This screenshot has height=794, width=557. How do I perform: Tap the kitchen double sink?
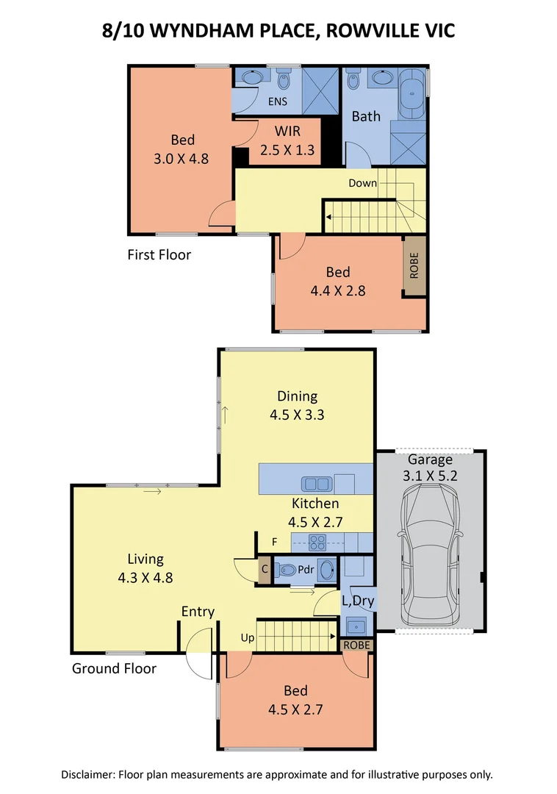pyautogui.click(x=317, y=484)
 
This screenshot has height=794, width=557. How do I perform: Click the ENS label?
pyautogui.click(x=277, y=101)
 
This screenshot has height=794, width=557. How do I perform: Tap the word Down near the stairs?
pyautogui.click(x=362, y=183)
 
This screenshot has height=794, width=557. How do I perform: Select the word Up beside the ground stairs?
pyautogui.click(x=248, y=637)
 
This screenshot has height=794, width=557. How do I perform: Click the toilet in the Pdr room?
pyautogui.click(x=287, y=570)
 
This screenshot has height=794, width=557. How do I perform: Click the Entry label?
pyautogui.click(x=198, y=612)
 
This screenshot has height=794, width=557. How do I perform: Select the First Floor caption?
pyautogui.click(x=159, y=255)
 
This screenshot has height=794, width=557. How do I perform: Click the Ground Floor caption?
pyautogui.click(x=114, y=668)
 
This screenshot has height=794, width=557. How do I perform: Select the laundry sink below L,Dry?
pyautogui.click(x=356, y=626)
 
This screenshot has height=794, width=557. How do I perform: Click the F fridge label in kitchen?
pyautogui.click(x=274, y=543)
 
